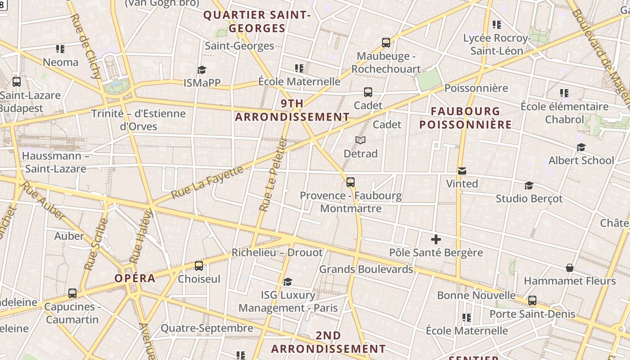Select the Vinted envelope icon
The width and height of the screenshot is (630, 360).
[462, 171]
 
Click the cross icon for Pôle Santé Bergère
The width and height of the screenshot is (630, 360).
[436, 239]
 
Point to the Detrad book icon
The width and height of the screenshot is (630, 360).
[360, 140]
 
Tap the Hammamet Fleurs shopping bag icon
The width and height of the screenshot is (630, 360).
[570, 268]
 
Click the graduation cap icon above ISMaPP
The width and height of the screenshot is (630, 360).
[202, 70]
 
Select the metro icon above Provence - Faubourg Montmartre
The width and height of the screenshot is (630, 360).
[351, 182]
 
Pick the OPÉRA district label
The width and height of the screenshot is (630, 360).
[135, 278]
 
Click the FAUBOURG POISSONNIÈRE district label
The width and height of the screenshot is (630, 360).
[466, 118]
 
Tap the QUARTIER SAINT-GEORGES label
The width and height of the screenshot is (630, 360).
[257, 22]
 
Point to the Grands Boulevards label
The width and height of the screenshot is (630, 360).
[366, 269]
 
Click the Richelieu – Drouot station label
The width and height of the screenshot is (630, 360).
[277, 252]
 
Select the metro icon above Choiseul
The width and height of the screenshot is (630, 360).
[199, 266]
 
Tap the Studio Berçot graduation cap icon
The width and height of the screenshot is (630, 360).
[529, 185]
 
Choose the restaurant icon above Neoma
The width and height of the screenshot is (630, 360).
[60, 49]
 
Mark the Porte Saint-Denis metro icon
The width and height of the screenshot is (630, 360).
[532, 301]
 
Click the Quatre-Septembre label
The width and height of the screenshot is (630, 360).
[207, 328]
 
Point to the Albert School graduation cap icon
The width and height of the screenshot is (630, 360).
[581, 147]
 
